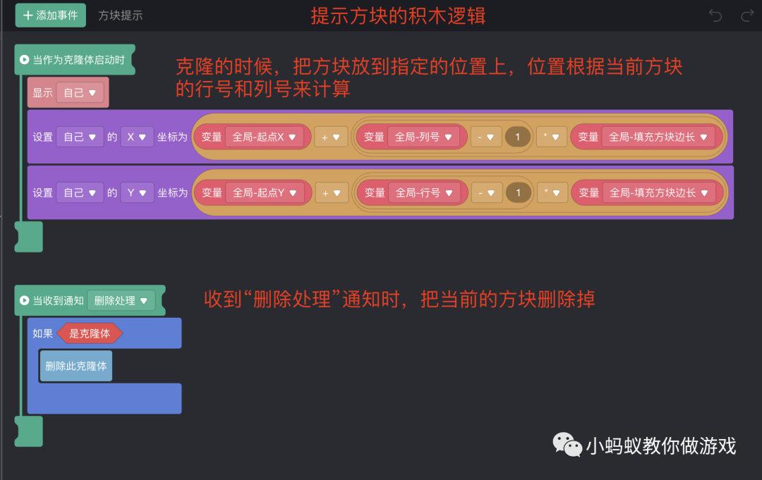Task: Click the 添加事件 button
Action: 50,15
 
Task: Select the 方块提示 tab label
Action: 120,16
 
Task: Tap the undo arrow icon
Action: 715,16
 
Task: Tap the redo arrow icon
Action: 747,16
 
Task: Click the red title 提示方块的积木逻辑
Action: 398,16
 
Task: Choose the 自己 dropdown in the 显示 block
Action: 80,92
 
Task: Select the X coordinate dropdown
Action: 137,137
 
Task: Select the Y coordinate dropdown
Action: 137,192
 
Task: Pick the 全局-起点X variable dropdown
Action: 264,137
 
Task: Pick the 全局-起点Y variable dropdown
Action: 264,192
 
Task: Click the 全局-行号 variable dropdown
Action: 423,192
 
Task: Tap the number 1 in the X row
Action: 518,137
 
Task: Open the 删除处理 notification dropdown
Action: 120,300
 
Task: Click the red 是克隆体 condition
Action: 90,333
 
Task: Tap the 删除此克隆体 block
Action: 76,366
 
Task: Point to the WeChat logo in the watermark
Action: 567,445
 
